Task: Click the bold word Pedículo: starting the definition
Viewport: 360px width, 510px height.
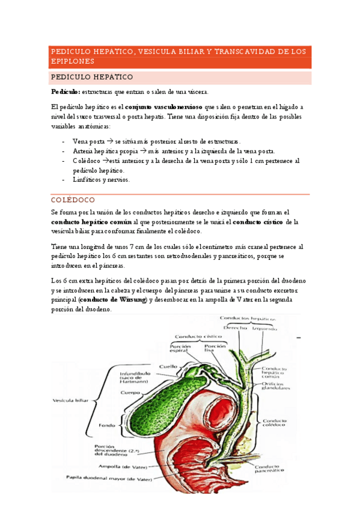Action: (x=66, y=91)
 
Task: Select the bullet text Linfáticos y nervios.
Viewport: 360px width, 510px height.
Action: (x=100, y=179)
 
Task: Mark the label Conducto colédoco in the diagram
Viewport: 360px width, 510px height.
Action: (x=275, y=423)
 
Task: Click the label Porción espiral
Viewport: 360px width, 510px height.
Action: (x=180, y=349)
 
